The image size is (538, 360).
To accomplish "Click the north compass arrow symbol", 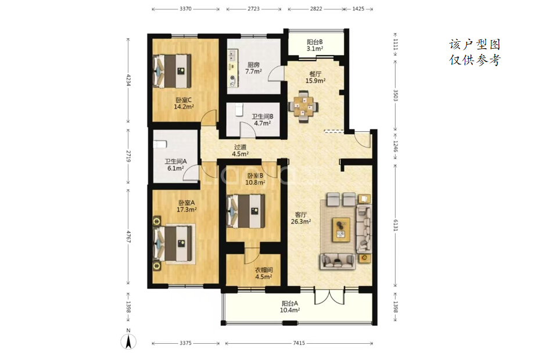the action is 128,341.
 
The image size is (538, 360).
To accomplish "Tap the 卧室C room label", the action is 184,100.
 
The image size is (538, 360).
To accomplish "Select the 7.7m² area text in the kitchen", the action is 253,71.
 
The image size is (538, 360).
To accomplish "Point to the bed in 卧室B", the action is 246,211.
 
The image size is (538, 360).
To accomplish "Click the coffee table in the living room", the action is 341,229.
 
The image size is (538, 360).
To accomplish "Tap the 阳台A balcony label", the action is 290,304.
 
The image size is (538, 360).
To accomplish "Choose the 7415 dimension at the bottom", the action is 299,343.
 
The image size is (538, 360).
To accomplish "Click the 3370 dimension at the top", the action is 185,9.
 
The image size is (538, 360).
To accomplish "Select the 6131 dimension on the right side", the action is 395,225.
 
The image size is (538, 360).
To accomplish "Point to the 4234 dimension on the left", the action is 128,80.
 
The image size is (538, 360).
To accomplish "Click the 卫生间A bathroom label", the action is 175,161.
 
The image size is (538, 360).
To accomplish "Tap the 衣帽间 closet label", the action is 264,270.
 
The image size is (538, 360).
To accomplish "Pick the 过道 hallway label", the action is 240,147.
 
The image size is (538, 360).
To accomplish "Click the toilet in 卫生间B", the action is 239,110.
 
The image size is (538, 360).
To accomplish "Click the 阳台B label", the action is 315,42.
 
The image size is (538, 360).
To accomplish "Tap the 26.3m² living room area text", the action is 301,221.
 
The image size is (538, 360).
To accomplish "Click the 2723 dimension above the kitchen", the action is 253,9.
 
